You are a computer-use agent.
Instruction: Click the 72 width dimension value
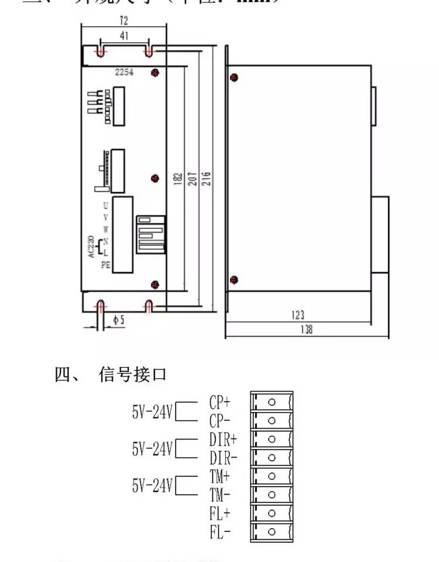124,20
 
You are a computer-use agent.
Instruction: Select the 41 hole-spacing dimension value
124,36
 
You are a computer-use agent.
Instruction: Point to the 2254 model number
125,72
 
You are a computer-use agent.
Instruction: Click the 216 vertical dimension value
206,178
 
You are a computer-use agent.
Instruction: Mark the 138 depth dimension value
306,330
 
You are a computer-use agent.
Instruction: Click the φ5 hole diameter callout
118,320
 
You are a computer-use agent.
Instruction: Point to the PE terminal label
105,265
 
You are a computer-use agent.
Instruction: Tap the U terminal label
105,205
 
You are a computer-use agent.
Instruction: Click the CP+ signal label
220,403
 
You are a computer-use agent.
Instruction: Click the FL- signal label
220,533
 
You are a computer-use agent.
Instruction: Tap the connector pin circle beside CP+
272,402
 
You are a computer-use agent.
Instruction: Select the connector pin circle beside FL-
272,532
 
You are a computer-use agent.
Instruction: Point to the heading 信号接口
133,374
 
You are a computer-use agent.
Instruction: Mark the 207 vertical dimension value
191,178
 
